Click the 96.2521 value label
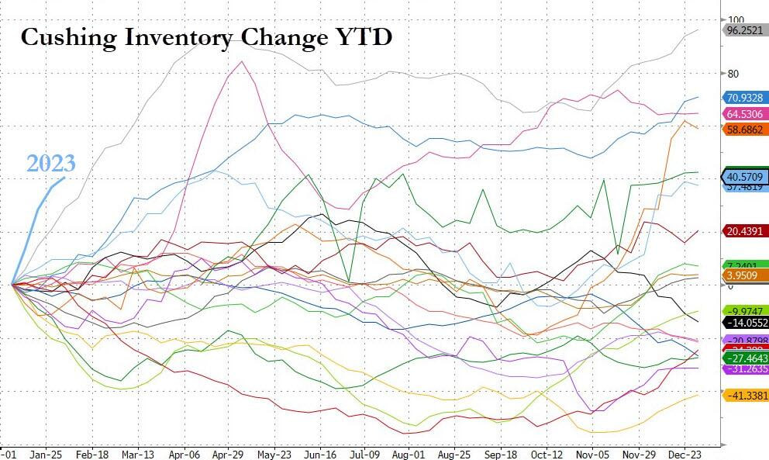click(x=746, y=30)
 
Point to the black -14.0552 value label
click(x=746, y=322)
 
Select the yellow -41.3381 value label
click(x=746, y=396)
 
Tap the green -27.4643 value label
click(x=746, y=359)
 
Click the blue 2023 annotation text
click(x=51, y=164)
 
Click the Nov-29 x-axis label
click(x=640, y=455)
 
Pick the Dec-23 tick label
click(x=686, y=455)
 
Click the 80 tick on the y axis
click(x=733, y=74)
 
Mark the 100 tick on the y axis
click(x=736, y=20)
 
